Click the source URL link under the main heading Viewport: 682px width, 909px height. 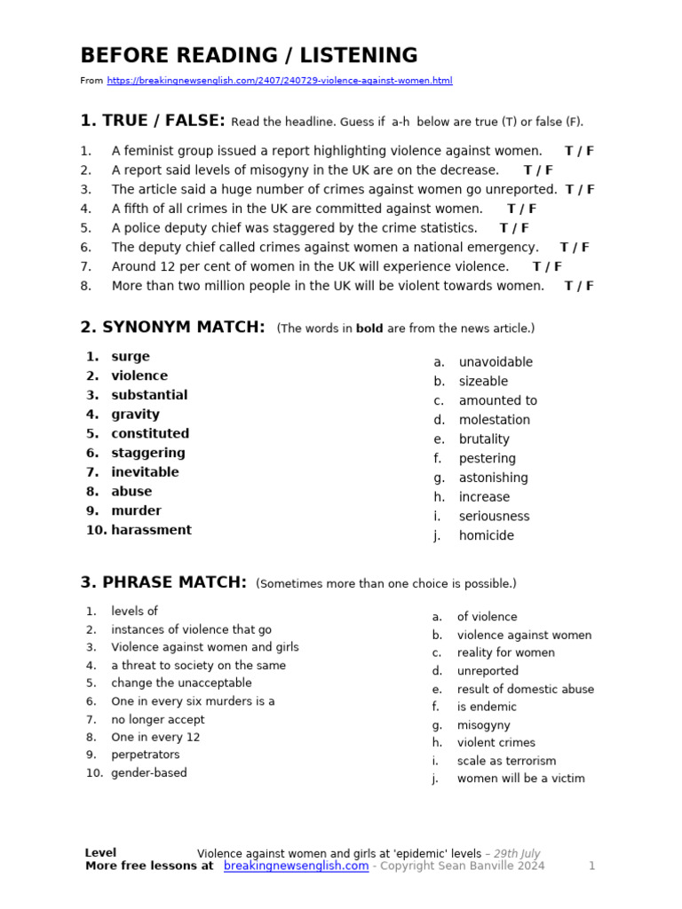[x=279, y=81]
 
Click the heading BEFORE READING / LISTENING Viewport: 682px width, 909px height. [x=249, y=55]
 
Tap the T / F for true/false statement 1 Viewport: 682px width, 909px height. [x=579, y=151]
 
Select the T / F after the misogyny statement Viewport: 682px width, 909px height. [x=538, y=170]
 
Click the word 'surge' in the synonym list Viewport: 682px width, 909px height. [x=131, y=357]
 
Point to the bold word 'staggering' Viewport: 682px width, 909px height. [x=148, y=453]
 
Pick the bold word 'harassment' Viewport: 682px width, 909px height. [x=151, y=530]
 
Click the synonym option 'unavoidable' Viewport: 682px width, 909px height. [x=496, y=362]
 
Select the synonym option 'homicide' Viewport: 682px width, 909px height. [x=486, y=535]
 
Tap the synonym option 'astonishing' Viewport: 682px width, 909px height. [x=493, y=478]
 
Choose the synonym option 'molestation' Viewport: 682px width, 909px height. [x=494, y=420]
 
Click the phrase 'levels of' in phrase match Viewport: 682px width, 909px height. [x=134, y=611]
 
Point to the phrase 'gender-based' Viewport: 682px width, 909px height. [x=149, y=772]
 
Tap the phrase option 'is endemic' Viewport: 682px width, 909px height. [x=487, y=707]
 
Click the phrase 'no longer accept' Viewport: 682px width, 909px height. [x=158, y=719]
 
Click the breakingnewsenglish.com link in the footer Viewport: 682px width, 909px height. [x=296, y=866]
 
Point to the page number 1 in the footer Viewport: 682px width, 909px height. [x=591, y=866]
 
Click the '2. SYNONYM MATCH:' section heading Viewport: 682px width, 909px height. [x=172, y=328]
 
